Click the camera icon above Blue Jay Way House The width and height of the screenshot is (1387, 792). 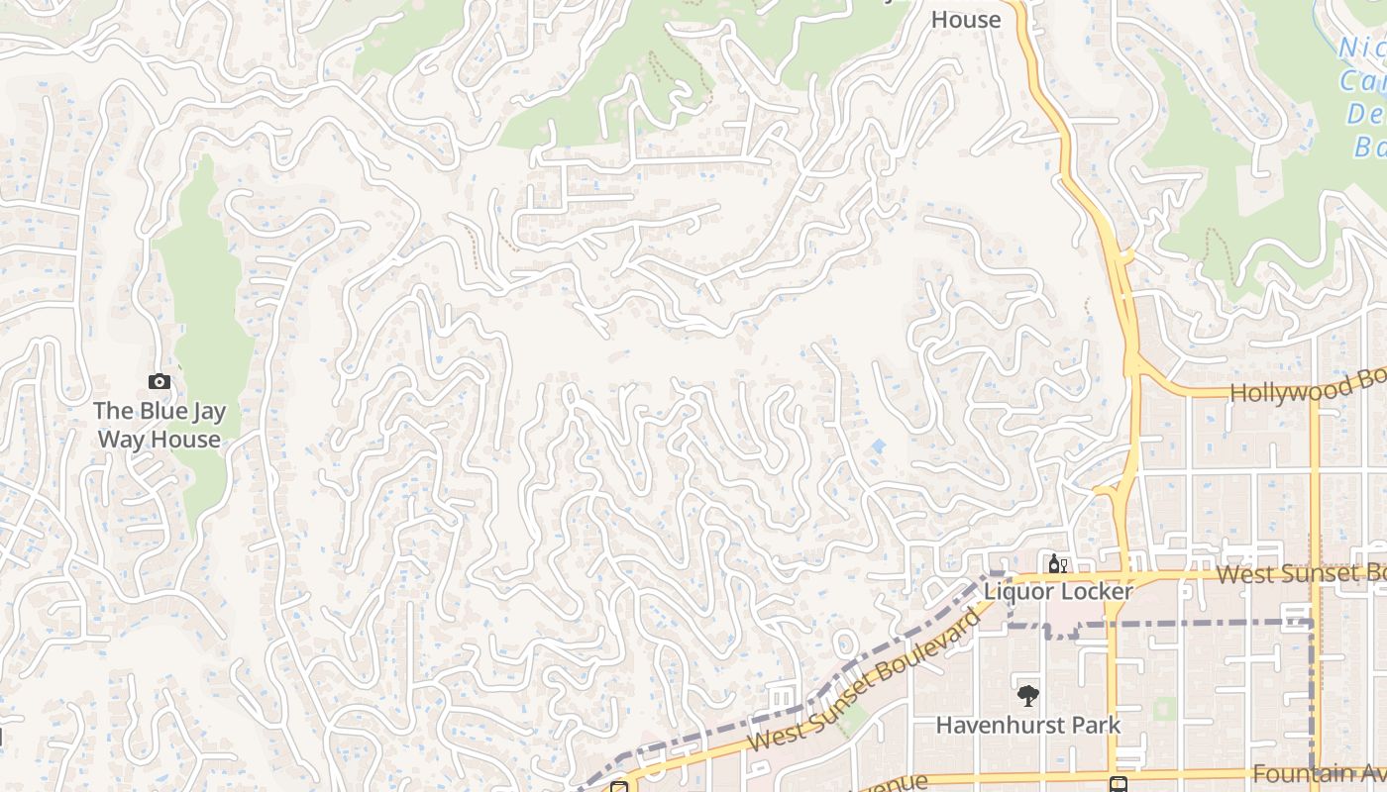click(159, 381)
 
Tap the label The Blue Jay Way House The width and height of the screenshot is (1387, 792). click(158, 425)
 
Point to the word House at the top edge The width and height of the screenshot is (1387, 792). click(966, 19)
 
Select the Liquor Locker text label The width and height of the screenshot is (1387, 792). click(1057, 591)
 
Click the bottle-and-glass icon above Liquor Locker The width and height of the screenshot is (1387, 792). click(1057, 564)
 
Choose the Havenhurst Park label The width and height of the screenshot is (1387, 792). click(1028, 725)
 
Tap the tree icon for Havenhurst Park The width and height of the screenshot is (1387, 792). click(1028, 696)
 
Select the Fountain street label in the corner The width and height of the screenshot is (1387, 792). click(1318, 773)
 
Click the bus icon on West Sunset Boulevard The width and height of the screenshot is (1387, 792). click(619, 787)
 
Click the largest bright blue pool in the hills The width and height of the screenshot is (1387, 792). click(878, 447)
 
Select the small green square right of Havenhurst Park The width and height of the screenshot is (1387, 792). click(1165, 709)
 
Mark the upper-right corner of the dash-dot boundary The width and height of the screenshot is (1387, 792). click(1312, 623)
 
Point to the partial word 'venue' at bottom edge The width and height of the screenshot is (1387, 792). click(898, 782)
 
